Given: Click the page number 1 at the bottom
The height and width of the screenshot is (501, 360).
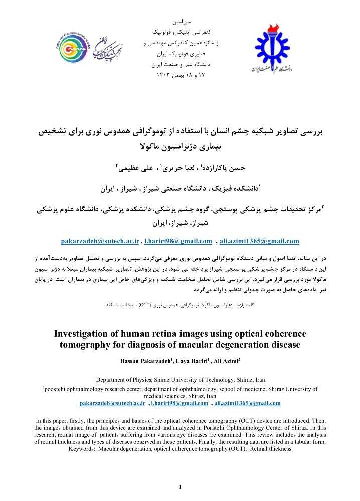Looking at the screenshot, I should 180,487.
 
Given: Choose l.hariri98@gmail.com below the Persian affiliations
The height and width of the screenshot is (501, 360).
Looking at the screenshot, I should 178,241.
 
